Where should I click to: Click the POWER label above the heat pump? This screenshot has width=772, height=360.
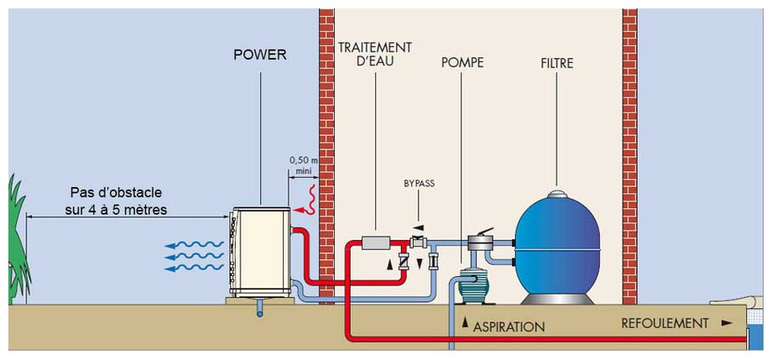(259, 56)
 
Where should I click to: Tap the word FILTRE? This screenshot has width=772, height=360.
(557, 63)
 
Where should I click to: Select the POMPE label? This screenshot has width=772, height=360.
(462, 63)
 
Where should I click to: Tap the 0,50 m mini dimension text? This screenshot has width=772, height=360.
(299, 164)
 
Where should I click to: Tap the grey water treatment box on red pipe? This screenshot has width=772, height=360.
(374, 243)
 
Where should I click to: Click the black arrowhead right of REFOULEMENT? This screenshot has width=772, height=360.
(726, 322)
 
